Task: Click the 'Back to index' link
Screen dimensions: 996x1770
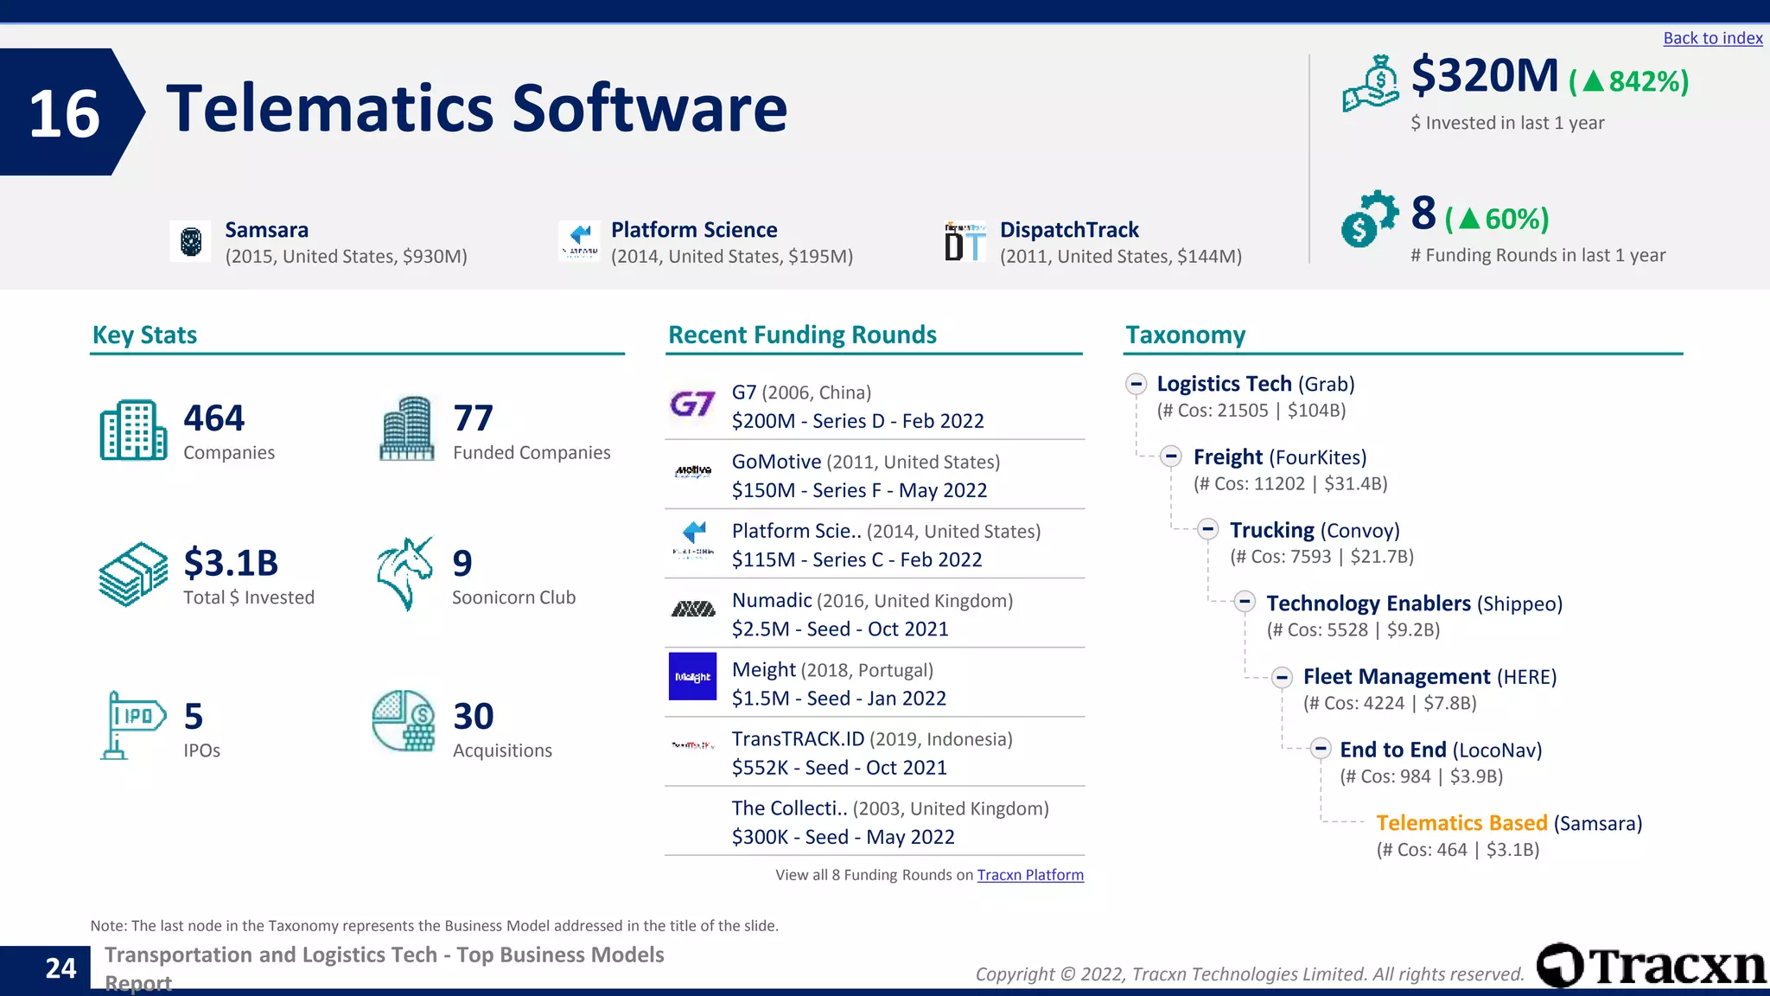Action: pyautogui.click(x=1712, y=38)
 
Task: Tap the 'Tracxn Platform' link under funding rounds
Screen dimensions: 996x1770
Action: pyautogui.click(x=1029, y=875)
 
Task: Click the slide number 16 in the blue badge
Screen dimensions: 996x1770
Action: pyautogui.click(x=64, y=113)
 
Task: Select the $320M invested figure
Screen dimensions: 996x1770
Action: pyautogui.click(x=1484, y=76)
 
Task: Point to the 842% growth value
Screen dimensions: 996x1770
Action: pyautogui.click(x=1647, y=81)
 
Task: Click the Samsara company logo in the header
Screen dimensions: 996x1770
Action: pyautogui.click(x=191, y=241)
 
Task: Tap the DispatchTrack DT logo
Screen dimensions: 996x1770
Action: pyautogui.click(x=965, y=241)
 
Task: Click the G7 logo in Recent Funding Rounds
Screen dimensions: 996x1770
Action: pyautogui.click(x=692, y=405)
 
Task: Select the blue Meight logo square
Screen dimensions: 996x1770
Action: pyautogui.click(x=692, y=676)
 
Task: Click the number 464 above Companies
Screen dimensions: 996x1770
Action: pyautogui.click(x=213, y=418)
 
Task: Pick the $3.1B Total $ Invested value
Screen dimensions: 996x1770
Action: pyautogui.click(x=231, y=563)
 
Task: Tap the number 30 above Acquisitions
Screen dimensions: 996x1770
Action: pyautogui.click(x=473, y=717)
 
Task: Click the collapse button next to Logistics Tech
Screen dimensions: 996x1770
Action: pyautogui.click(x=1136, y=384)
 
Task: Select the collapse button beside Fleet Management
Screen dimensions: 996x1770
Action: pyautogui.click(x=1282, y=677)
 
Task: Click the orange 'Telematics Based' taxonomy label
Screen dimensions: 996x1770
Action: pyautogui.click(x=1461, y=823)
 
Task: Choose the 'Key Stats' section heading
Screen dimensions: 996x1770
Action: pyautogui.click(x=144, y=335)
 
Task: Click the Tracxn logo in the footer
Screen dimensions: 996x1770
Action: pyautogui.click(x=1651, y=965)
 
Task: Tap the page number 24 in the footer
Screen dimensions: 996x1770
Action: pyautogui.click(x=60, y=968)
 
